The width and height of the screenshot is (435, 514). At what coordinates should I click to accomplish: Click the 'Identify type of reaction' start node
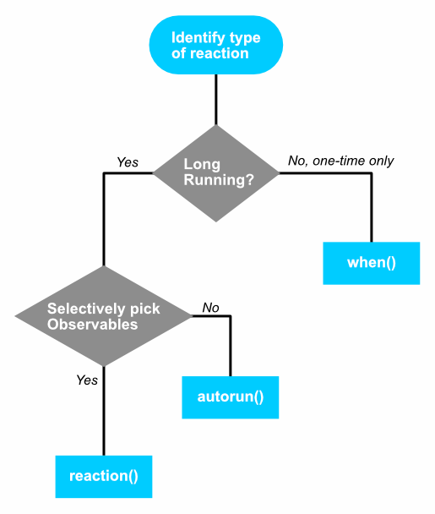point(216,45)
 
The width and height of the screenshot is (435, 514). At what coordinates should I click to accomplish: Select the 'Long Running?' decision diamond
point(216,173)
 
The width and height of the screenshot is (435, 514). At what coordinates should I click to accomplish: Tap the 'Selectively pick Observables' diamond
point(104,316)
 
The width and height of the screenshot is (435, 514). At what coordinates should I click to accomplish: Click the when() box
point(372,263)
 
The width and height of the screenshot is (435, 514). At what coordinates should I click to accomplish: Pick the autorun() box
point(231,397)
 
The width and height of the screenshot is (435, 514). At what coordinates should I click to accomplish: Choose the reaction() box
point(104,477)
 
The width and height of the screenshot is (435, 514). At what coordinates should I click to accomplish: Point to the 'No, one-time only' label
point(340,161)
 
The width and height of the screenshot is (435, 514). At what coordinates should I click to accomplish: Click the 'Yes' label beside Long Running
point(128,162)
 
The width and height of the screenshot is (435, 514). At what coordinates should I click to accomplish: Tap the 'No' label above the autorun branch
point(210,308)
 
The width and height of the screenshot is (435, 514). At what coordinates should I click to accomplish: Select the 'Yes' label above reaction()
point(87,380)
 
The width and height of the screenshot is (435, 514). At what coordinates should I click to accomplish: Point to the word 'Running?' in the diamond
point(219,180)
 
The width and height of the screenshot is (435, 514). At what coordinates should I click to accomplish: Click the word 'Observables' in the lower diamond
point(92,324)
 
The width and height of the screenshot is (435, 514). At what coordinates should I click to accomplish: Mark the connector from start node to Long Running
point(216,100)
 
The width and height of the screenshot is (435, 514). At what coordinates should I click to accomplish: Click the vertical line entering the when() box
point(372,207)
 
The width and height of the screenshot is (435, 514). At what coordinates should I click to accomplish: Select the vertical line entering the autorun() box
point(231,346)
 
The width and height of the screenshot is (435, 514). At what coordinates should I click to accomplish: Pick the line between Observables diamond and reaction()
point(104,411)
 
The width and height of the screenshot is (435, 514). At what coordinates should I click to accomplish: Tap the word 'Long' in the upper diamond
point(202,164)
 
